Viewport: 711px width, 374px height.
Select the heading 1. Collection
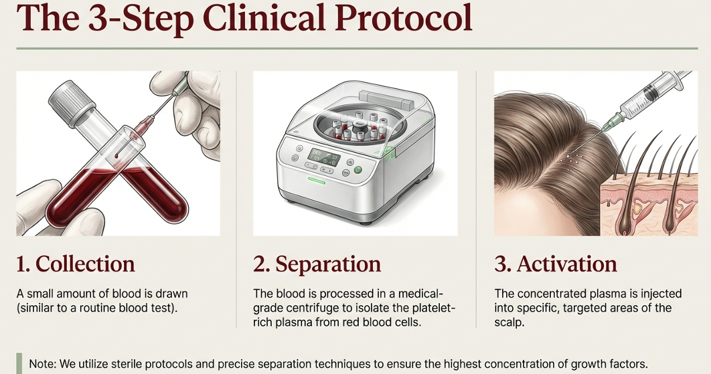click(76, 264)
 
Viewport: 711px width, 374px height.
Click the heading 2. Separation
click(317, 264)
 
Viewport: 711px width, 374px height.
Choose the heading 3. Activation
click(556, 264)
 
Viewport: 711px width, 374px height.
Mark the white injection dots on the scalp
click(573, 159)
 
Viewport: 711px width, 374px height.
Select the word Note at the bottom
click(42, 364)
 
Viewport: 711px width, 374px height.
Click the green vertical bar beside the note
click(19, 363)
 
